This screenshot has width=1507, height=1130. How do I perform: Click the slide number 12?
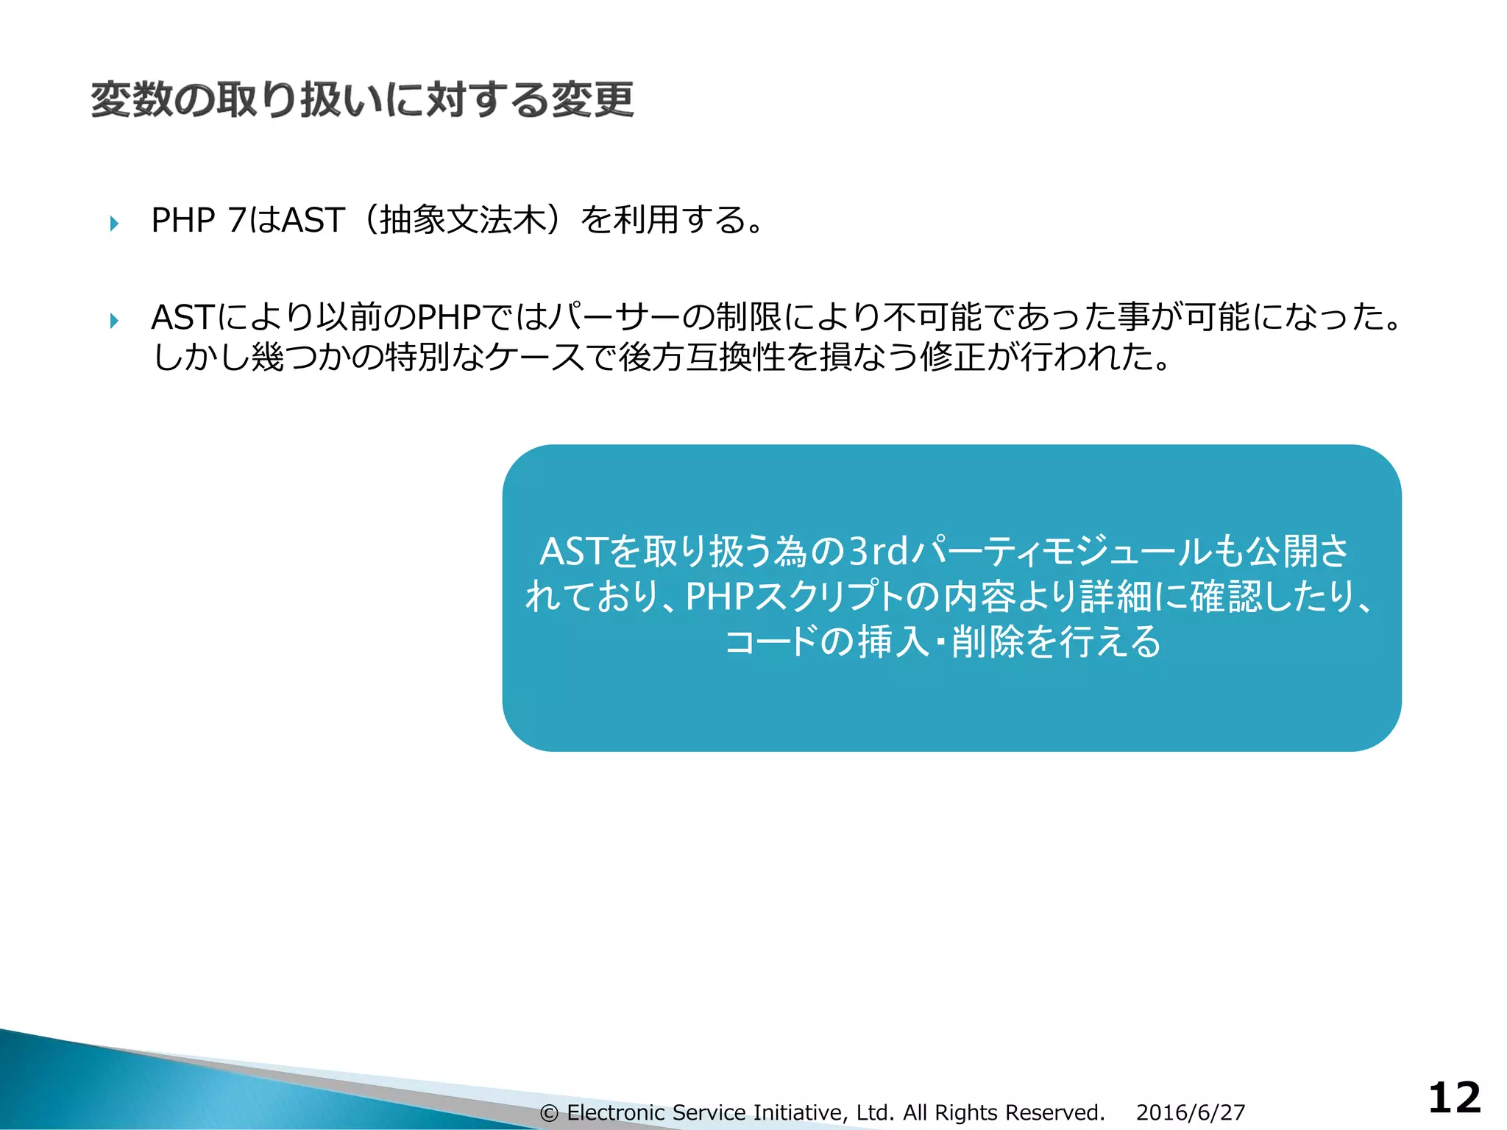tap(1454, 1098)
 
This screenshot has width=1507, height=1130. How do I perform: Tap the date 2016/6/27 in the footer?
tap(1190, 1112)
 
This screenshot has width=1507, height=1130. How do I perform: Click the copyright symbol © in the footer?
tap(549, 1113)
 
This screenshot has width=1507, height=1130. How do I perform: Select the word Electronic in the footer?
tap(615, 1112)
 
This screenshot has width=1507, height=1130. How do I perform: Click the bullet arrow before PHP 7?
tap(114, 223)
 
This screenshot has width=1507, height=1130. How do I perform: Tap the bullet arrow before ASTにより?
tap(114, 321)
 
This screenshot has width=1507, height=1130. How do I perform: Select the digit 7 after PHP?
tap(236, 220)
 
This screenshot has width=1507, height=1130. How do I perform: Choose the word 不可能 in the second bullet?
tap(932, 318)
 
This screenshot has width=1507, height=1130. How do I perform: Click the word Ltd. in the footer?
tap(875, 1112)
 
